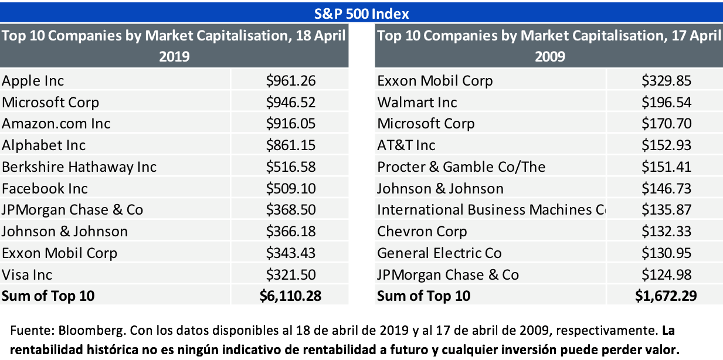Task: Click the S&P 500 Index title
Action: pos(361,13)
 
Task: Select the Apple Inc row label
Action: pos(33,80)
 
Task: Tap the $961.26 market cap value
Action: pos(290,80)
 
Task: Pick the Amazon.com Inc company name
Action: pos(56,123)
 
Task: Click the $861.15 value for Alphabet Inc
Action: pos(290,145)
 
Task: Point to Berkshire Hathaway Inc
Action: pos(79,167)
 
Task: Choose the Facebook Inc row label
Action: pos(45,188)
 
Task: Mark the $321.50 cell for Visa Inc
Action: pos(290,274)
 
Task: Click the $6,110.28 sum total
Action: pos(290,296)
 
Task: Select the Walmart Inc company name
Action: pos(417,102)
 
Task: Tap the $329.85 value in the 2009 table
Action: pos(666,80)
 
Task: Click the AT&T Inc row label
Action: pos(406,145)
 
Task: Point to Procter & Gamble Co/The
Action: pos(461,167)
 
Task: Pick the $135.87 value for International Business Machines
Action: pos(666,209)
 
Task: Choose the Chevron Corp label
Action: pos(422,231)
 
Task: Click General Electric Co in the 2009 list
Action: pos(439,253)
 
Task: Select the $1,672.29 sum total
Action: pos(666,296)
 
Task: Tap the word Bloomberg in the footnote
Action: pos(76,330)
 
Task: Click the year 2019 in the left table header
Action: pos(174,57)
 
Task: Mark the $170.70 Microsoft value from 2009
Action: pos(666,123)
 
